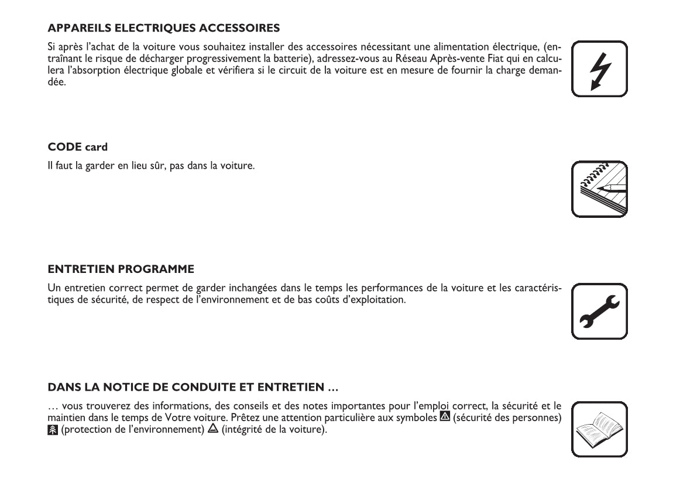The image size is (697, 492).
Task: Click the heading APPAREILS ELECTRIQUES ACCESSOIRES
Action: pos(163,28)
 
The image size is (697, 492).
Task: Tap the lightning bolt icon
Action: pos(599,69)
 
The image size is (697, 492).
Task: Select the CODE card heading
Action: pos(77,146)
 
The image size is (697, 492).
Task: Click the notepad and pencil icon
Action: pos(599,189)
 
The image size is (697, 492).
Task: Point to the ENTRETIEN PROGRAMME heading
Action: pos(121,269)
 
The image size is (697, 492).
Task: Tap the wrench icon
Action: pos(599,312)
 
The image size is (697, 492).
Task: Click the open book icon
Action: pos(599,429)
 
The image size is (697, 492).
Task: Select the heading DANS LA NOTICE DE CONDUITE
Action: pos(193,387)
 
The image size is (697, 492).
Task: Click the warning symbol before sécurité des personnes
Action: pos(445,417)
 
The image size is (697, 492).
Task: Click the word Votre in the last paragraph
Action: pos(177,418)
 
